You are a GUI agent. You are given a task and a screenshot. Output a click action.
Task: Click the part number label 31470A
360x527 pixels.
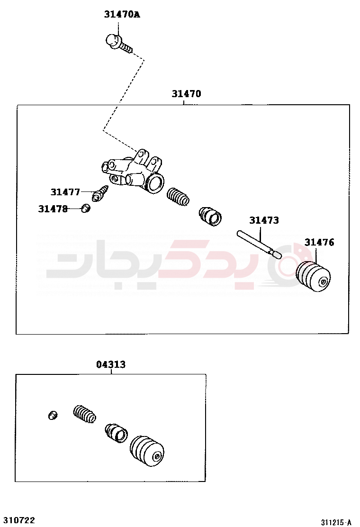click(x=122, y=14)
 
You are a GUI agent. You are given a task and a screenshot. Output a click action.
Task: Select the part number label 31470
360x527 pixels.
click(x=186, y=94)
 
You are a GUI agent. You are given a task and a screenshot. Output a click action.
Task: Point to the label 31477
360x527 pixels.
click(x=65, y=192)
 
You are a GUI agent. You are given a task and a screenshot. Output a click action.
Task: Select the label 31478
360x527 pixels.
click(x=53, y=209)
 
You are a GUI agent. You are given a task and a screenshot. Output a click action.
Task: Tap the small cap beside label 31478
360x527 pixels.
click(x=86, y=209)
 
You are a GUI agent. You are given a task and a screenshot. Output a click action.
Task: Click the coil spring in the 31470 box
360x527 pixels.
click(x=178, y=197)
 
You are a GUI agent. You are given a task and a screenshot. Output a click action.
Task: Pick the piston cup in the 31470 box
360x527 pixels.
click(x=210, y=217)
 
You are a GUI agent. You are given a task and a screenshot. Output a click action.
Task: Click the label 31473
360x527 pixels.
click(x=264, y=220)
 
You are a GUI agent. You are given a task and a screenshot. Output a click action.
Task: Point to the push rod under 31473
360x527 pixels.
click(x=259, y=245)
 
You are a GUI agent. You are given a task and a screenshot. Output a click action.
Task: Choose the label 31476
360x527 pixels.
click(x=319, y=242)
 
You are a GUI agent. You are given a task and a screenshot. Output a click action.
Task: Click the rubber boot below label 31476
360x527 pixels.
click(x=313, y=276)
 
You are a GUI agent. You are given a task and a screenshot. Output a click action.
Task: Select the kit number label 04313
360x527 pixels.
click(x=111, y=364)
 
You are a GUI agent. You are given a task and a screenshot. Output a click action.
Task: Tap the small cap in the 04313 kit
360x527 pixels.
click(x=53, y=416)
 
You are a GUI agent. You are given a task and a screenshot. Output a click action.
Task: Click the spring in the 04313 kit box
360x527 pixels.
click(x=85, y=414)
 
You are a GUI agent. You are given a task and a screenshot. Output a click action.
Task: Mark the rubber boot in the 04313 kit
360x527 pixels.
click(x=147, y=451)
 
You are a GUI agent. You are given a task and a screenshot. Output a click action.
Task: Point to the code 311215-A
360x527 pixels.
click(x=336, y=522)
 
